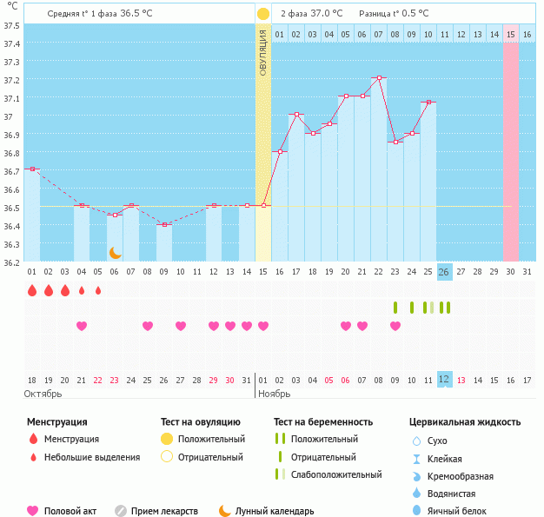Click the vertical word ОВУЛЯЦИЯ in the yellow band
coord(263,52)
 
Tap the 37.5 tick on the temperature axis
coord(12,25)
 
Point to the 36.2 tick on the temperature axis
coord(12,262)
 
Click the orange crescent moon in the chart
coord(115,252)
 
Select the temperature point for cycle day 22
coord(379,78)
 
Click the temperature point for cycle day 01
coord(31,169)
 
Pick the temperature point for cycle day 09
coord(163,224)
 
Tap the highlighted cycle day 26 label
coord(444,272)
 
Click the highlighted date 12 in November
coord(444,379)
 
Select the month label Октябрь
coord(43,394)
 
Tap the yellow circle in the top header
coord(263,14)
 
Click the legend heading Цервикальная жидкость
coord(465,422)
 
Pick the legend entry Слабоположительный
coord(336,474)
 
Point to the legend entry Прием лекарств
coord(163,512)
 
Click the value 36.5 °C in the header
coord(136,14)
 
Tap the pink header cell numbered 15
coord(511,34)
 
